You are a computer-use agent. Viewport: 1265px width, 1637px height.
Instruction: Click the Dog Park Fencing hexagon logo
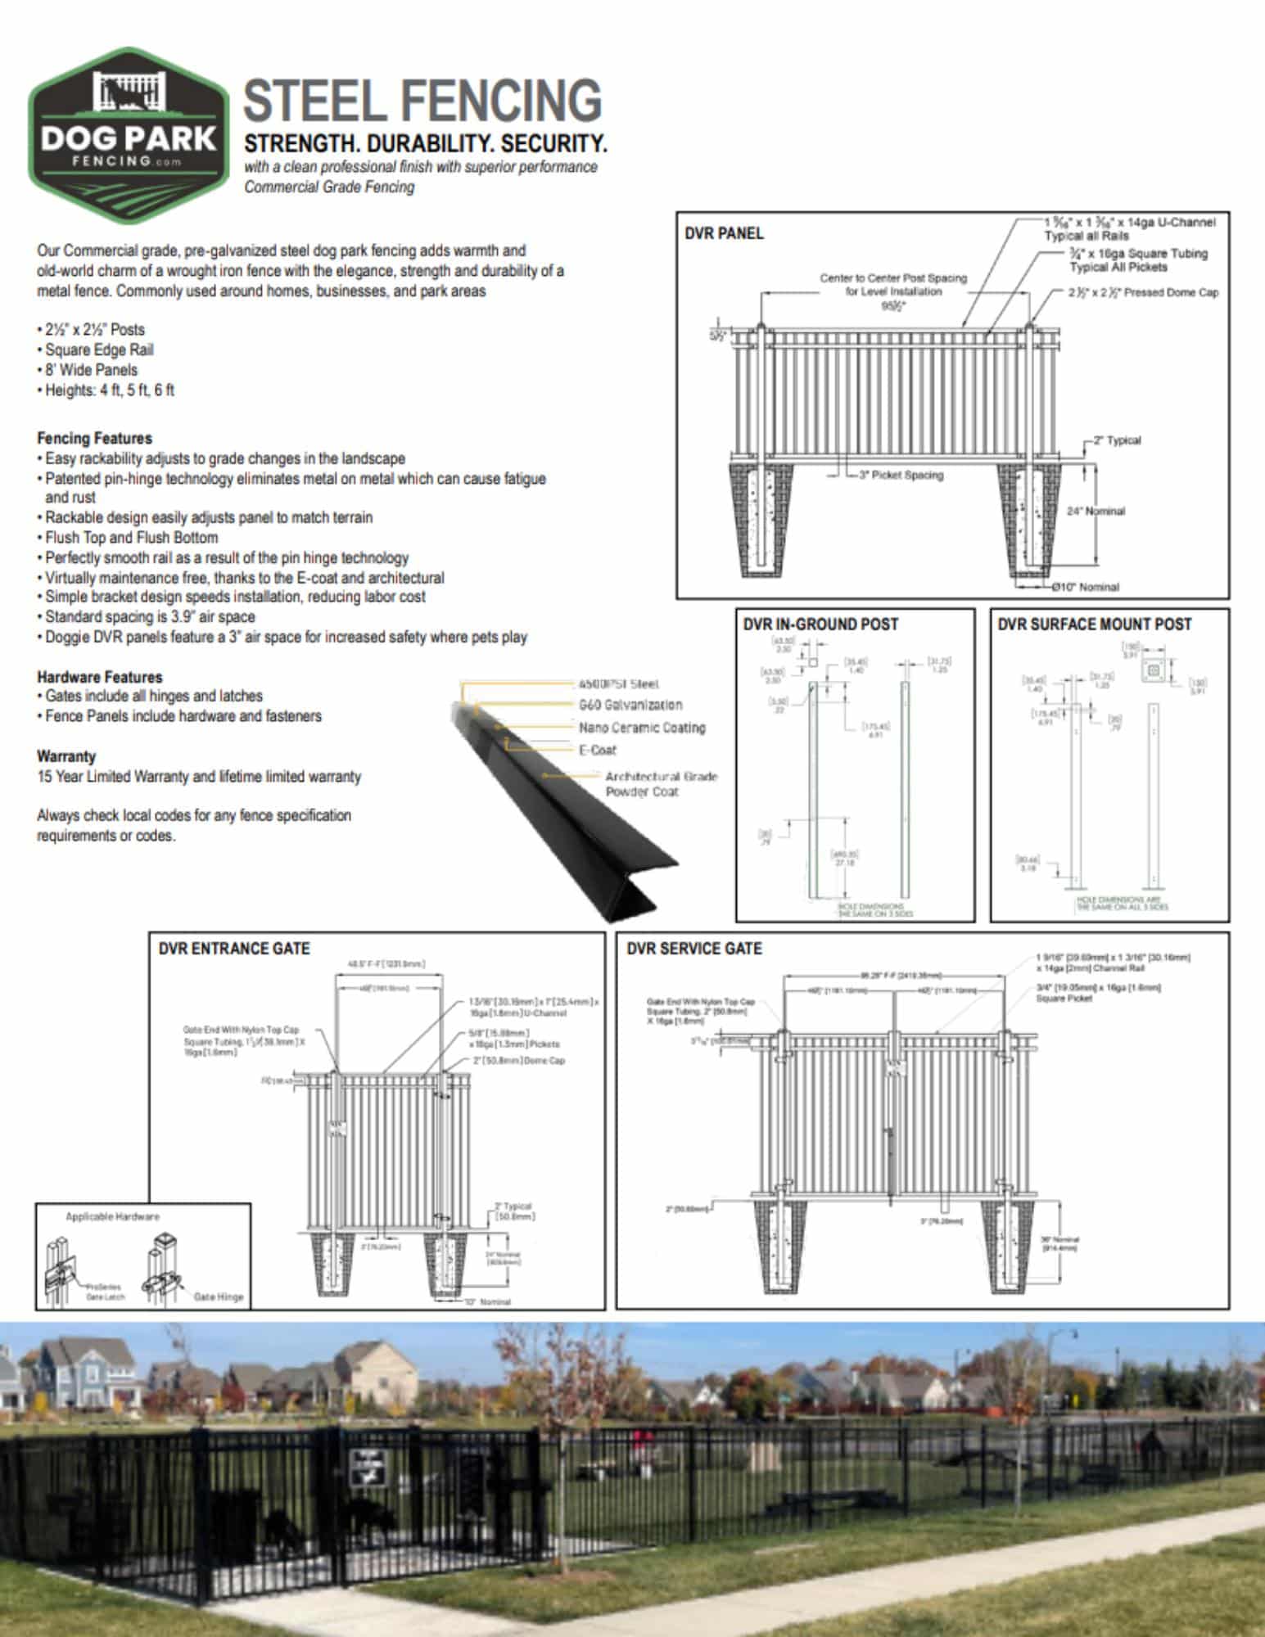(129, 135)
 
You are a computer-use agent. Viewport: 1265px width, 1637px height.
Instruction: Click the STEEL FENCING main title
(422, 101)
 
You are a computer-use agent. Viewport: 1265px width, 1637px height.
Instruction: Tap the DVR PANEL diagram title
(724, 234)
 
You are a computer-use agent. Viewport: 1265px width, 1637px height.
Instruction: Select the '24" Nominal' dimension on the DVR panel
(1096, 512)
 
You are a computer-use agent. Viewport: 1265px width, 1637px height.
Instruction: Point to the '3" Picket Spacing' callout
(901, 476)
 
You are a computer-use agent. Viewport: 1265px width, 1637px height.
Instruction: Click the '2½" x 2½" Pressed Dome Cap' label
(1143, 293)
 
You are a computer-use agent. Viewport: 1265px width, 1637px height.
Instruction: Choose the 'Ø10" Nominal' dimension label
(1087, 587)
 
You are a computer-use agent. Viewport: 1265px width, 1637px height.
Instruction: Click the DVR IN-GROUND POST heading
(820, 625)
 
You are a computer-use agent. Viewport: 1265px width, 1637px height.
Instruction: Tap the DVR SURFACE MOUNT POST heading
(1094, 625)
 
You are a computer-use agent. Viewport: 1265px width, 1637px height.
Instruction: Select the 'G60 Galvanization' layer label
(630, 705)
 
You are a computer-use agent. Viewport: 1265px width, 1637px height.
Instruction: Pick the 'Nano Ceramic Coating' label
(642, 728)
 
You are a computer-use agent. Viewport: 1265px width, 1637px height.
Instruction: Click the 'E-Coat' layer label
(598, 750)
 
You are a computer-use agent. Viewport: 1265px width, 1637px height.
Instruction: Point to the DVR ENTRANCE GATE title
(234, 949)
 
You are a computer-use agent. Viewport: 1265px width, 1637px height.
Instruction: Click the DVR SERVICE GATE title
(694, 949)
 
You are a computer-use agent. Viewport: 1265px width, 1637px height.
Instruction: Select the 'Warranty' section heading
(66, 756)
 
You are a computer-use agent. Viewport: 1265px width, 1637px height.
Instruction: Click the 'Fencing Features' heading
(94, 439)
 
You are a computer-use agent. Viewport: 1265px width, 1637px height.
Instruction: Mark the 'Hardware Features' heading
(100, 677)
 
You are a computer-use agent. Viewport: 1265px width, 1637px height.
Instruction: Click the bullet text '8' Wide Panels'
(91, 370)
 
